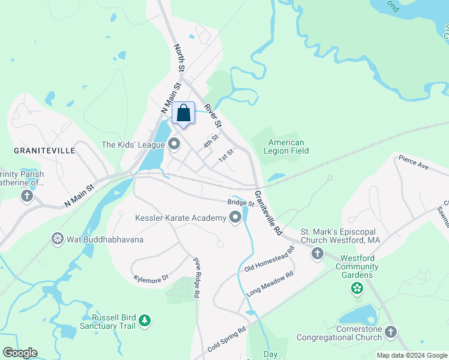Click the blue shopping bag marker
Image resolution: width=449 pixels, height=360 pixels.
coord(184,113)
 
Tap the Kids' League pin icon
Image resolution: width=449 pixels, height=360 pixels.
coord(175,144)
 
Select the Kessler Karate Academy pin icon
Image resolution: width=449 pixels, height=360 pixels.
coord(235,218)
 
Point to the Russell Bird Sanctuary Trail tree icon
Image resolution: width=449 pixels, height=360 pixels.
coord(144,321)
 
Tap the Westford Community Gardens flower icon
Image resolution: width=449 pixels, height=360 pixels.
coord(357,289)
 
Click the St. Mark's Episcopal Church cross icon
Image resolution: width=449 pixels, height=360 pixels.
coord(318,254)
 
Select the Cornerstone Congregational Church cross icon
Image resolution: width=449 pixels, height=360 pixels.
coord(391,332)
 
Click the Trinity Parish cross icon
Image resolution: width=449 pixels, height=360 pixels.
coord(26,196)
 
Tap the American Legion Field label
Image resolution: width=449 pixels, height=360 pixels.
coord(286,146)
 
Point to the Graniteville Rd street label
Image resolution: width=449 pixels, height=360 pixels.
coord(268,212)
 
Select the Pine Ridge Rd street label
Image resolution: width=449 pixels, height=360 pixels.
coord(196,278)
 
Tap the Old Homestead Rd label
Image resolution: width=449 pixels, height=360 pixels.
coord(270,259)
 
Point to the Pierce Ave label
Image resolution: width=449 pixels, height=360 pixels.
coord(412,162)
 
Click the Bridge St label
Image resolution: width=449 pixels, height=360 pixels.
coord(241,203)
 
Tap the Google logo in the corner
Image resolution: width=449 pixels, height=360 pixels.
coord(20,353)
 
